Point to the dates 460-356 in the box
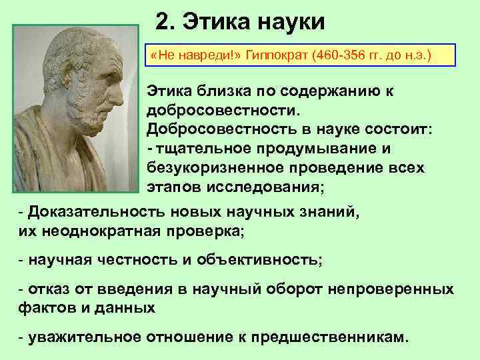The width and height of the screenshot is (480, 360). (337, 55)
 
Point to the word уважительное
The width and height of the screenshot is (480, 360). (81, 337)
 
